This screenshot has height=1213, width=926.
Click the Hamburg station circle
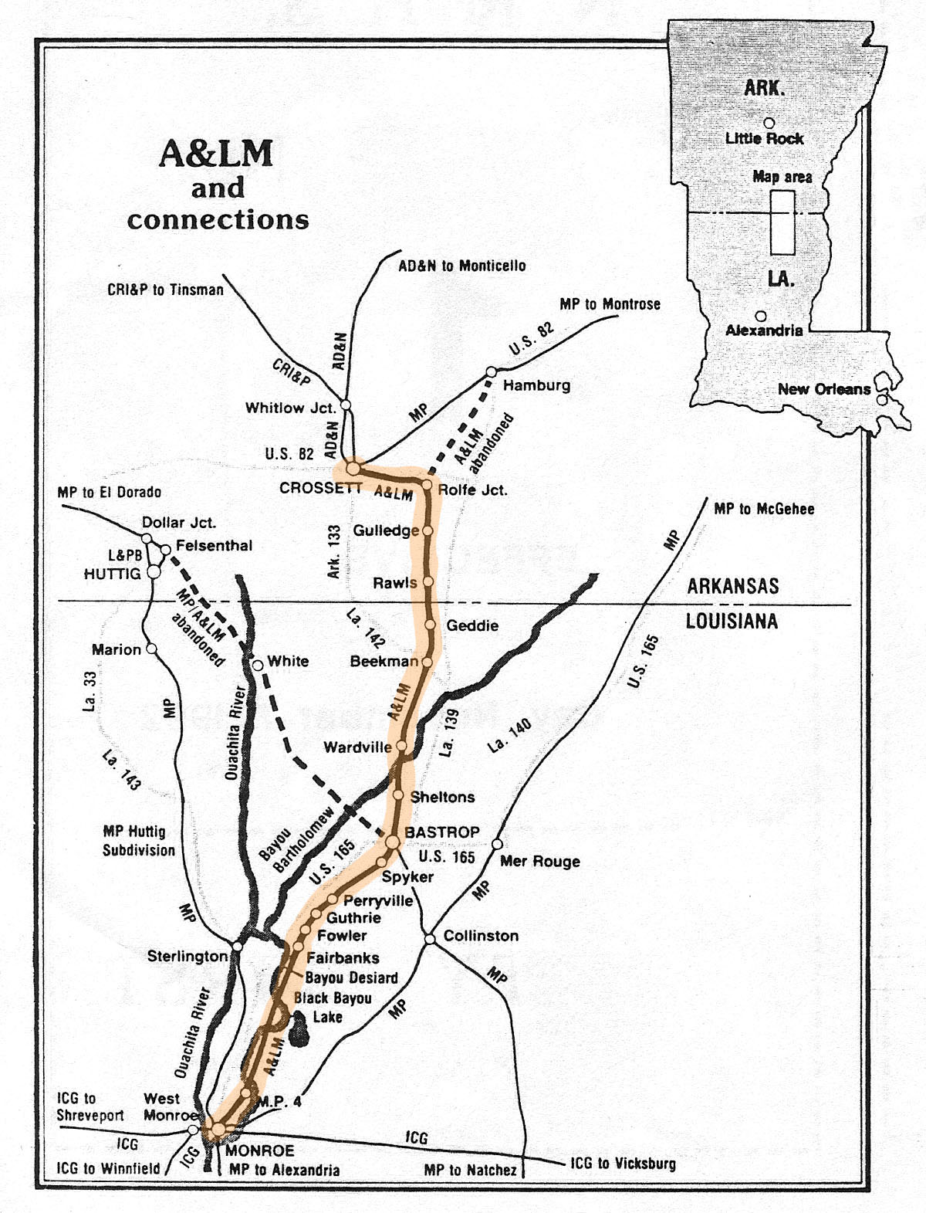coord(491,372)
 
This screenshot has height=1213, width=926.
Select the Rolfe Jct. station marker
coord(427,485)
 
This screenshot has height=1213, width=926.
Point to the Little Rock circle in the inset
coord(769,123)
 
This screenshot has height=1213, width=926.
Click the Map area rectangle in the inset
coord(782,222)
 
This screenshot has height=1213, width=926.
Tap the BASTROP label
coord(441,832)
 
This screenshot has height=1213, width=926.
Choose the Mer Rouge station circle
coord(498,844)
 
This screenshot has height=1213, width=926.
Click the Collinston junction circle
coord(430,939)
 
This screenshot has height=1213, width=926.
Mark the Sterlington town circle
coord(238,946)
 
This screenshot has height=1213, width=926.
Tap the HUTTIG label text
coord(112,574)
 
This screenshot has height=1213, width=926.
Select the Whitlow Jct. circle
coord(346,405)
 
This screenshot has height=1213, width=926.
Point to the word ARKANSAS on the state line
coord(732,586)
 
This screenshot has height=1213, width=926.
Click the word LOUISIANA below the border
coord(732,622)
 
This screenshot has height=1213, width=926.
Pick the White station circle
coord(258,665)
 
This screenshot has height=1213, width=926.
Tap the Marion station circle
coord(151,649)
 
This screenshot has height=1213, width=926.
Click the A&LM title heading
coord(216,154)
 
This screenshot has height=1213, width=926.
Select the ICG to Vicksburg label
coord(623,1163)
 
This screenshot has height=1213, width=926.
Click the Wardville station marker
coord(401,747)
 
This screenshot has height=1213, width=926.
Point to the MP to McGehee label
coord(763,509)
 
